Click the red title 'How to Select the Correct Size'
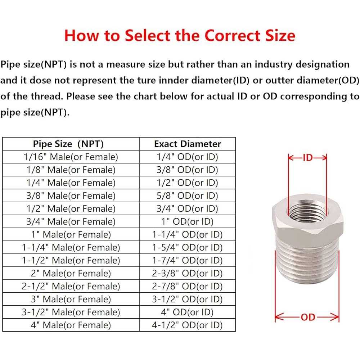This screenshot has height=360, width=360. (x=180, y=36)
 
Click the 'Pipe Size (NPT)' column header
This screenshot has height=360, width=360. (x=68, y=144)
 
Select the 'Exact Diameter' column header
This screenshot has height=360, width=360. (x=188, y=144)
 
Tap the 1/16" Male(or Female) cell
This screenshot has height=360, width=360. (x=71, y=157)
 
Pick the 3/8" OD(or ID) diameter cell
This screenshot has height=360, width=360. (x=187, y=170)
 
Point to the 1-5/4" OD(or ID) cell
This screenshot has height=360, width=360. (x=187, y=247)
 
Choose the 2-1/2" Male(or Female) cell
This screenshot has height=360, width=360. (x=71, y=286)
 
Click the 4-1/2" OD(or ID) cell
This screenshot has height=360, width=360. (x=187, y=325)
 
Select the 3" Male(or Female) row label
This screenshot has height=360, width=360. (x=71, y=299)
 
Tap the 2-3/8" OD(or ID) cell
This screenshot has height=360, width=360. (x=187, y=273)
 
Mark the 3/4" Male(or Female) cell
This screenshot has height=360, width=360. (x=71, y=221)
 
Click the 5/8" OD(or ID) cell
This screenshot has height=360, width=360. (x=187, y=195)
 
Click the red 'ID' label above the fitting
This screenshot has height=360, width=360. (x=308, y=158)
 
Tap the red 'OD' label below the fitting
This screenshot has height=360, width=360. (x=308, y=317)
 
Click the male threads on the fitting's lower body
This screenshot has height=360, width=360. (x=307, y=262)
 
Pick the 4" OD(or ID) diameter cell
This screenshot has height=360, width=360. (x=187, y=312)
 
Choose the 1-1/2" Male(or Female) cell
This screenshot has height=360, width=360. (x=71, y=260)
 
